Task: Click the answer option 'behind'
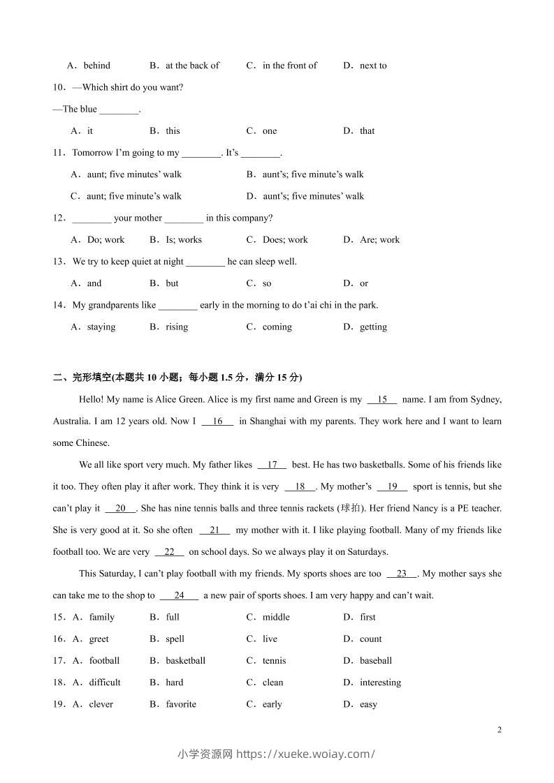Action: (96, 66)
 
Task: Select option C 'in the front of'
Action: (289, 66)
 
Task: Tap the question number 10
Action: (59, 87)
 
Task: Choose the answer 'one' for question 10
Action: (270, 130)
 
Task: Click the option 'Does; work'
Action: (285, 239)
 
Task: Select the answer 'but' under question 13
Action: (172, 283)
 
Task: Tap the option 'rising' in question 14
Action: (177, 327)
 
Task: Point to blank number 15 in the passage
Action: (382, 400)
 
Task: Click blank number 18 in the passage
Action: (300, 486)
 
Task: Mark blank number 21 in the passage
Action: (214, 530)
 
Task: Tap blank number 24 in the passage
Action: (179, 595)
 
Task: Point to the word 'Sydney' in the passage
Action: (486, 400)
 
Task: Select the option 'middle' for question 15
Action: (276, 617)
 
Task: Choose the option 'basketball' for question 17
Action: (185, 660)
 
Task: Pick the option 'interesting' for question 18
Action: (380, 683)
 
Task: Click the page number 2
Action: (499, 730)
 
